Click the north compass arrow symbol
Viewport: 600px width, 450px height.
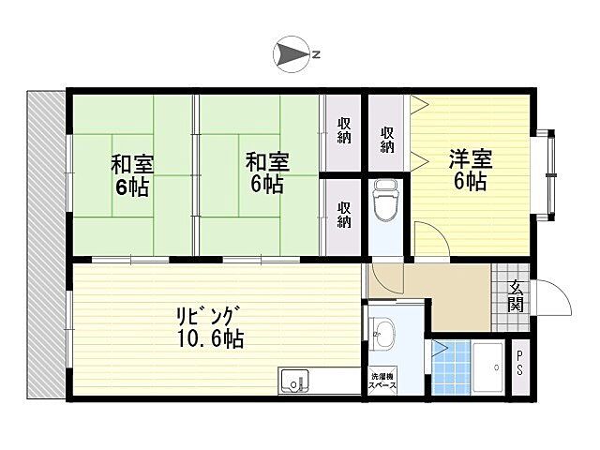pyautogui.click(x=291, y=53)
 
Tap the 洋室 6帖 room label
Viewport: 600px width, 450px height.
pyautogui.click(x=470, y=169)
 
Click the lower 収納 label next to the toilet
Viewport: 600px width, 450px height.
pyautogui.click(x=344, y=215)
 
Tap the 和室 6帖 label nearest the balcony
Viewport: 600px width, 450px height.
pyautogui.click(x=132, y=173)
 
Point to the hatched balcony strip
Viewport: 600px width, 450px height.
pyautogui.click(x=46, y=244)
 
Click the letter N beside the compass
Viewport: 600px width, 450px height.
pyautogui.click(x=317, y=53)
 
